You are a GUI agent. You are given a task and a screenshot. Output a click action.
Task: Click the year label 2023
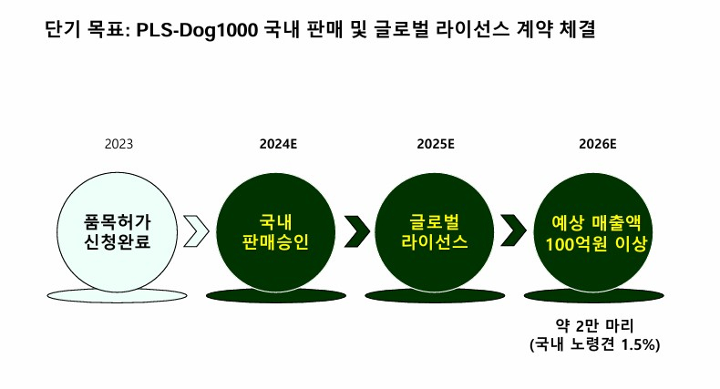click(118, 144)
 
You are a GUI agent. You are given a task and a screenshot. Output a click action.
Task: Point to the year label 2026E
click(597, 144)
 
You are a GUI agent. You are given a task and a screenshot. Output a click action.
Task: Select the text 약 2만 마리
click(594, 325)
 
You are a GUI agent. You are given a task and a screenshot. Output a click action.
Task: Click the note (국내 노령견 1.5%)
click(594, 345)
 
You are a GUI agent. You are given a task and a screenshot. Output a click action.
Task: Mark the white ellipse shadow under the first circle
click(117, 294)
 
